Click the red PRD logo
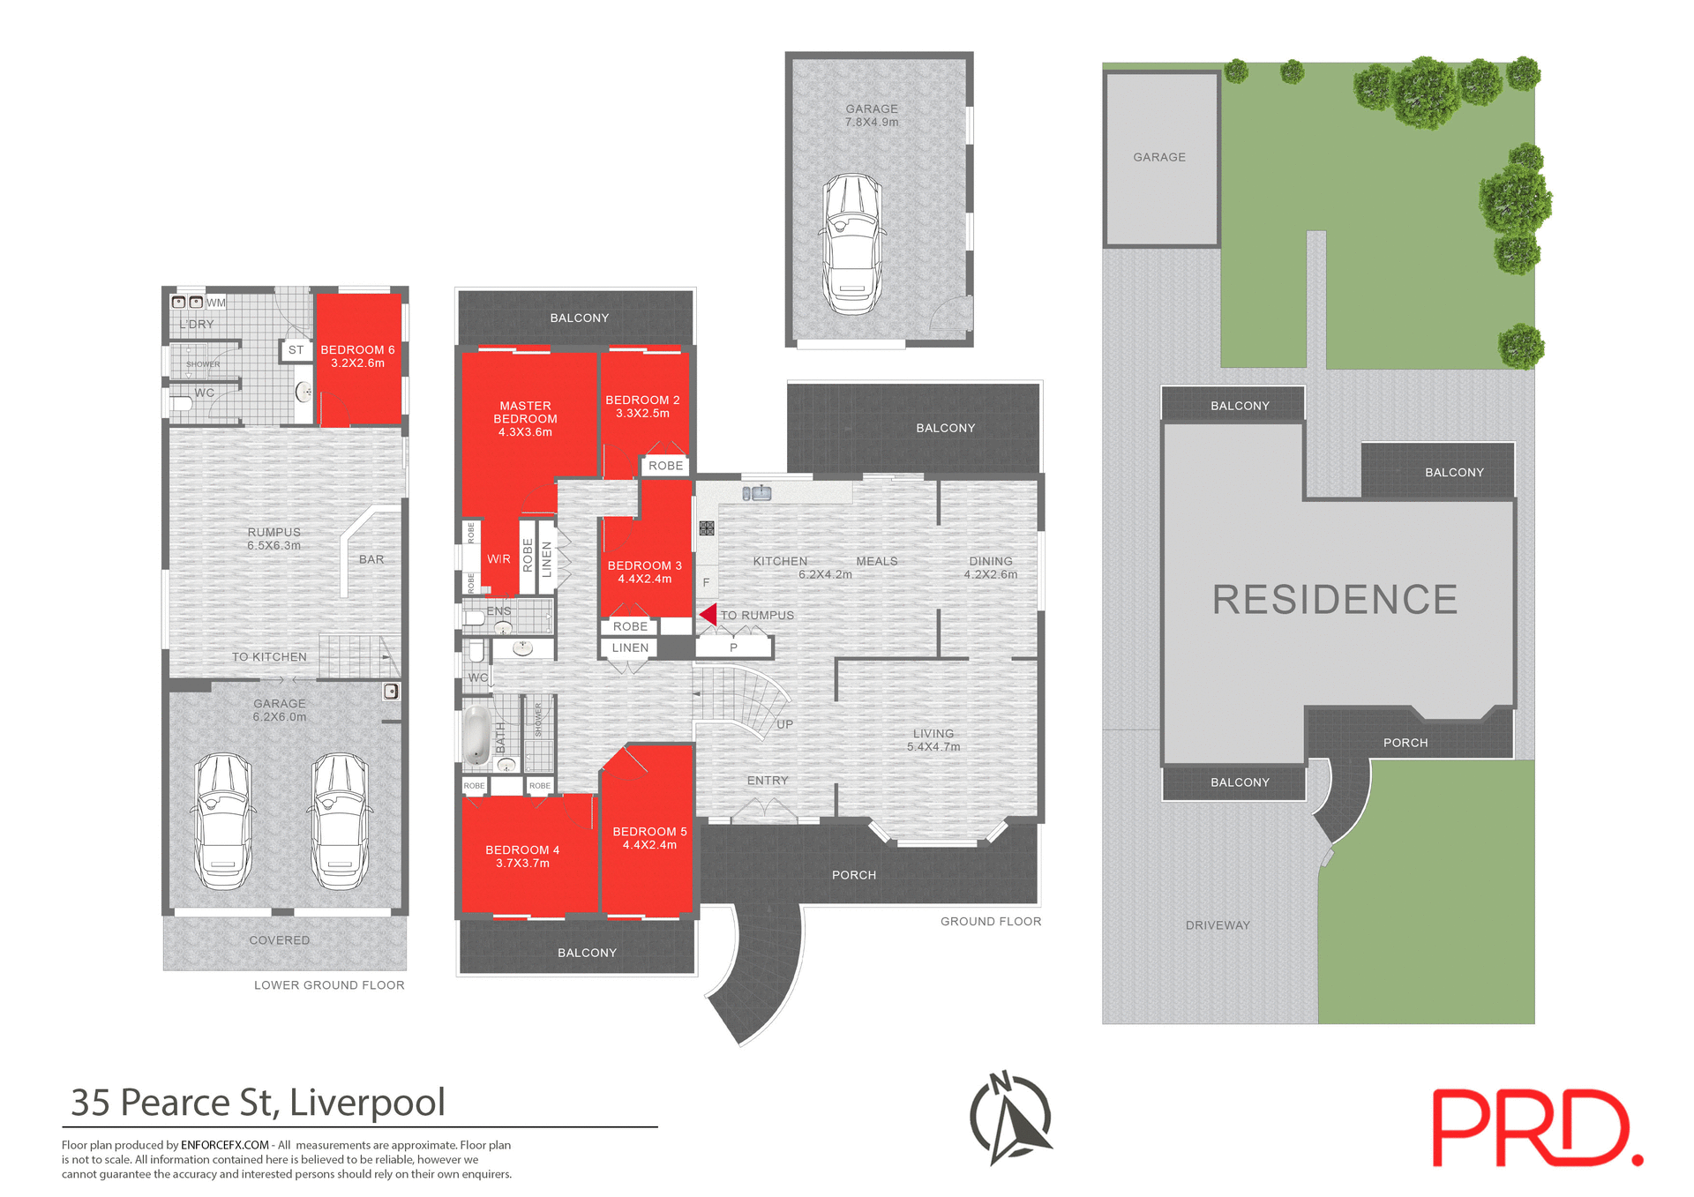(1535, 1128)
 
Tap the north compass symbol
(1011, 1118)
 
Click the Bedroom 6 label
(357, 350)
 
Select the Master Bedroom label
(525, 413)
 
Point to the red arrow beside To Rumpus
(708, 614)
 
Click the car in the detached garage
(851, 243)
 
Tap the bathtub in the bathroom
(476, 734)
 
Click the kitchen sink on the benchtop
(757, 493)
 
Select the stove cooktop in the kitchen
(707, 528)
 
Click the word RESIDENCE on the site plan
(1334, 600)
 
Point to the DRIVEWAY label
(1218, 925)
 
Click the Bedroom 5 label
(649, 832)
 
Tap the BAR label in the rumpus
(371, 559)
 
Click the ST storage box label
(296, 350)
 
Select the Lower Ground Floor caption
(329, 985)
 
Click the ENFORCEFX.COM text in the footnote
(225, 1145)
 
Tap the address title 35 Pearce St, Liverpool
(258, 1103)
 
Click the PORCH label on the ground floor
(854, 875)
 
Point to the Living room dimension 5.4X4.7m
(933, 747)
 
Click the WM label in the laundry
(216, 303)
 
